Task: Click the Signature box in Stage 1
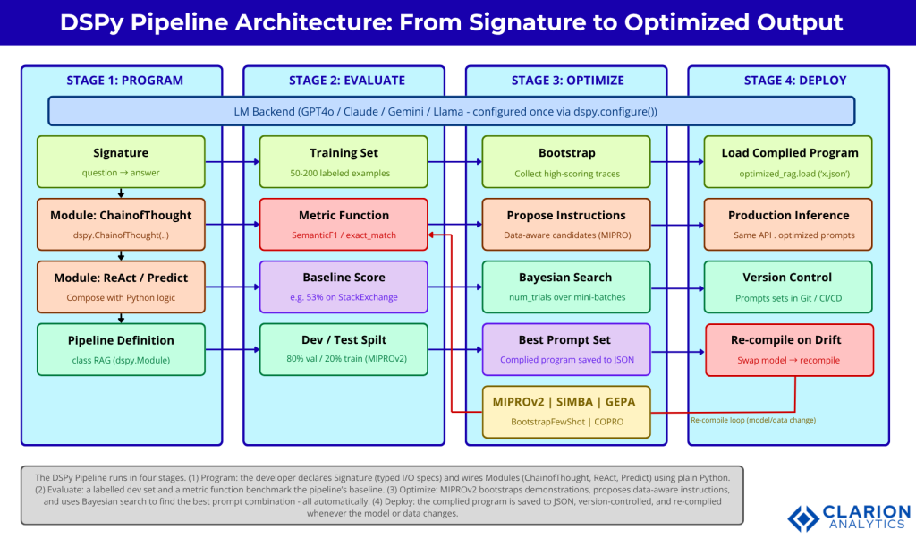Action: [121, 161]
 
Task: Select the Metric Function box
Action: [343, 224]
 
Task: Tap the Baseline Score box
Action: [343, 287]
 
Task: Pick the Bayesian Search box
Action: [565, 287]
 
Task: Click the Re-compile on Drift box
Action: [789, 349]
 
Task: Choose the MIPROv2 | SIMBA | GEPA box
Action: [565, 412]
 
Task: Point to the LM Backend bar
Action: [451, 112]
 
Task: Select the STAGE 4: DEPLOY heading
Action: [789, 81]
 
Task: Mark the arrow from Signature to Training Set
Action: [233, 162]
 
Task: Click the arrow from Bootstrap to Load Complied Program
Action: [676, 162]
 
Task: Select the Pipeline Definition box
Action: [121, 349]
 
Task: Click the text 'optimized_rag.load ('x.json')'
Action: [789, 174]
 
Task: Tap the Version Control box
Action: [789, 287]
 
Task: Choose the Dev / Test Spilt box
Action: [343, 349]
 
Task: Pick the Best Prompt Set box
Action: [565, 349]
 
